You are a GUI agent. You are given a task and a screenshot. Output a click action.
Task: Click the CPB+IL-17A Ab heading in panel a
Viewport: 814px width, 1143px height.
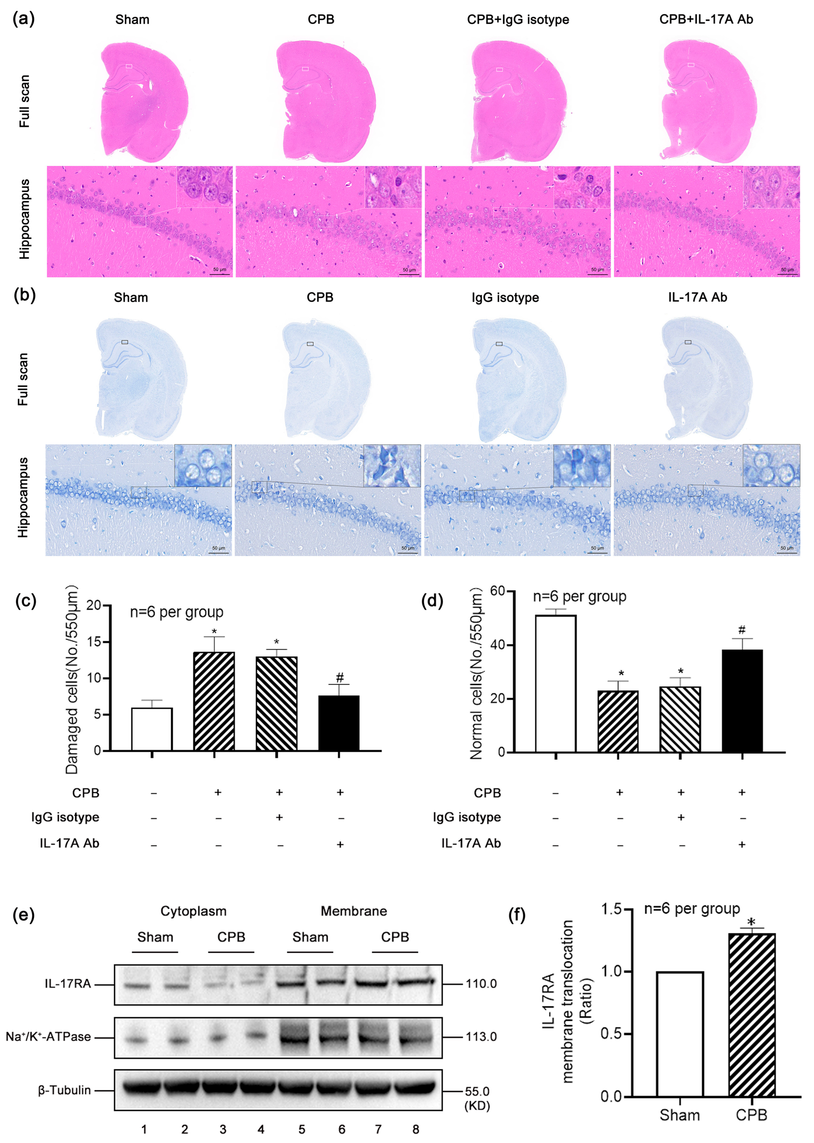click(x=706, y=20)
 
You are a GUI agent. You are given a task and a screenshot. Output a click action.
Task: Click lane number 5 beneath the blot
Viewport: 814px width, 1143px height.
click(x=302, y=1129)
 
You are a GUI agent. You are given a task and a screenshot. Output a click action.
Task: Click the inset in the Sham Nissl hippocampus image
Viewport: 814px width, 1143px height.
click(x=203, y=465)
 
